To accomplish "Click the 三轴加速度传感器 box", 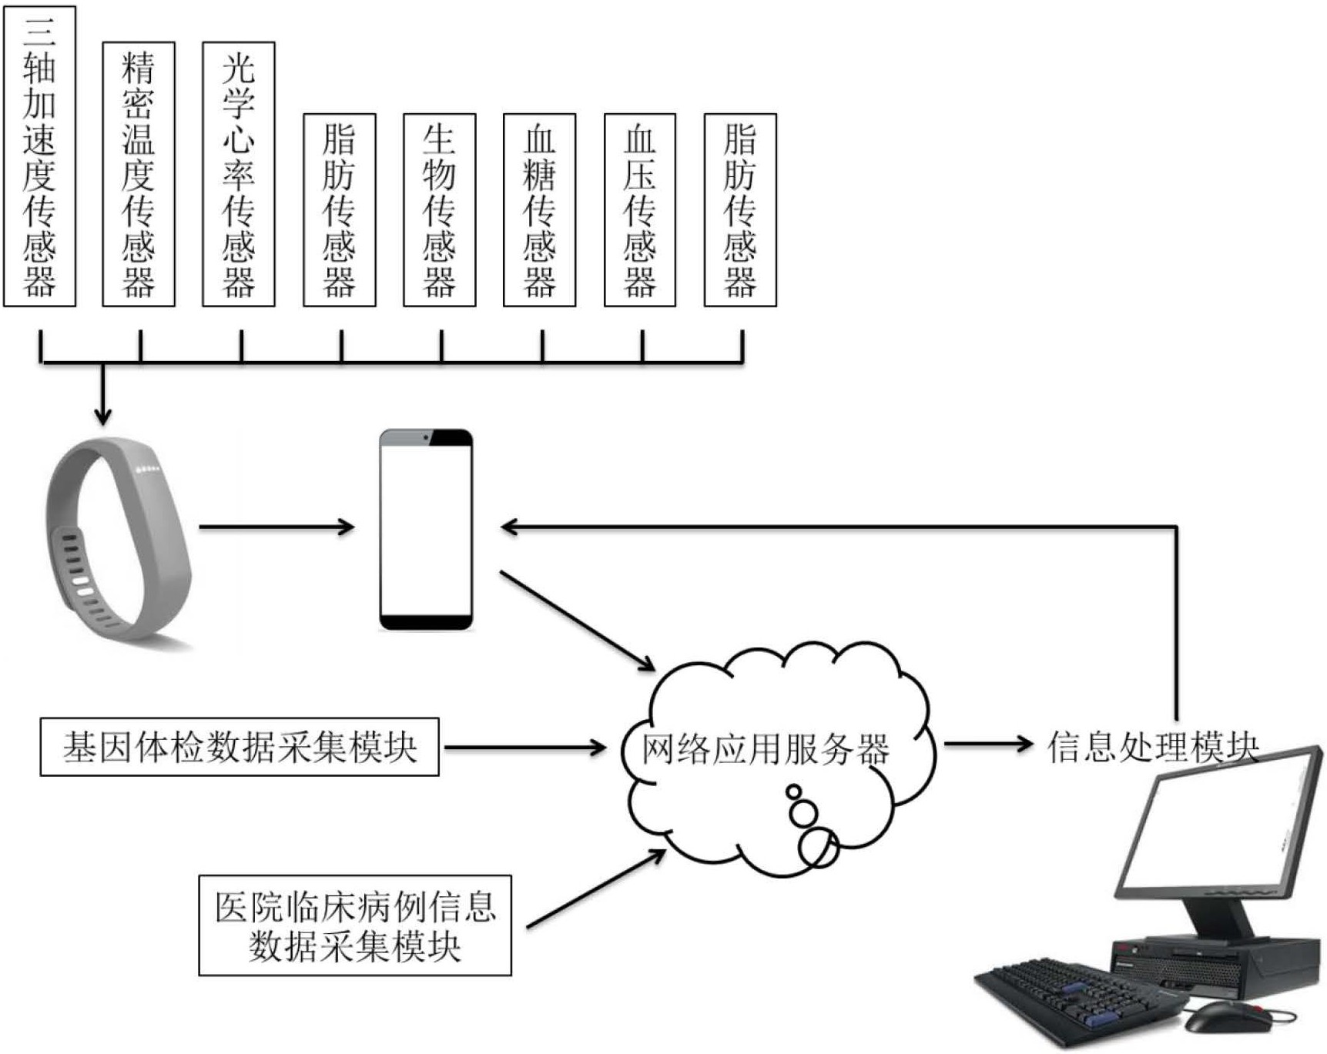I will (39, 156).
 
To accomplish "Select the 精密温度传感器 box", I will (139, 174).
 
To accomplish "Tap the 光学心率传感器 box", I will (239, 174).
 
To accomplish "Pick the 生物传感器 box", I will (439, 209).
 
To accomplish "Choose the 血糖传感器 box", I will (539, 209).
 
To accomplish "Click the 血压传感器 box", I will (639, 209).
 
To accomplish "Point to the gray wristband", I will (116, 539).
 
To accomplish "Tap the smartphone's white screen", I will (426, 531).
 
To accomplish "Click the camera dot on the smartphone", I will (426, 437).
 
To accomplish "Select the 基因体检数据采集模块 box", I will (240, 747).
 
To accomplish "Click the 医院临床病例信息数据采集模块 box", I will (355, 925).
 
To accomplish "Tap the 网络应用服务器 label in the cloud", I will (766, 749).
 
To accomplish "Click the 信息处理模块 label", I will (1152, 746).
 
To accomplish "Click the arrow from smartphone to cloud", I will (577, 621).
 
